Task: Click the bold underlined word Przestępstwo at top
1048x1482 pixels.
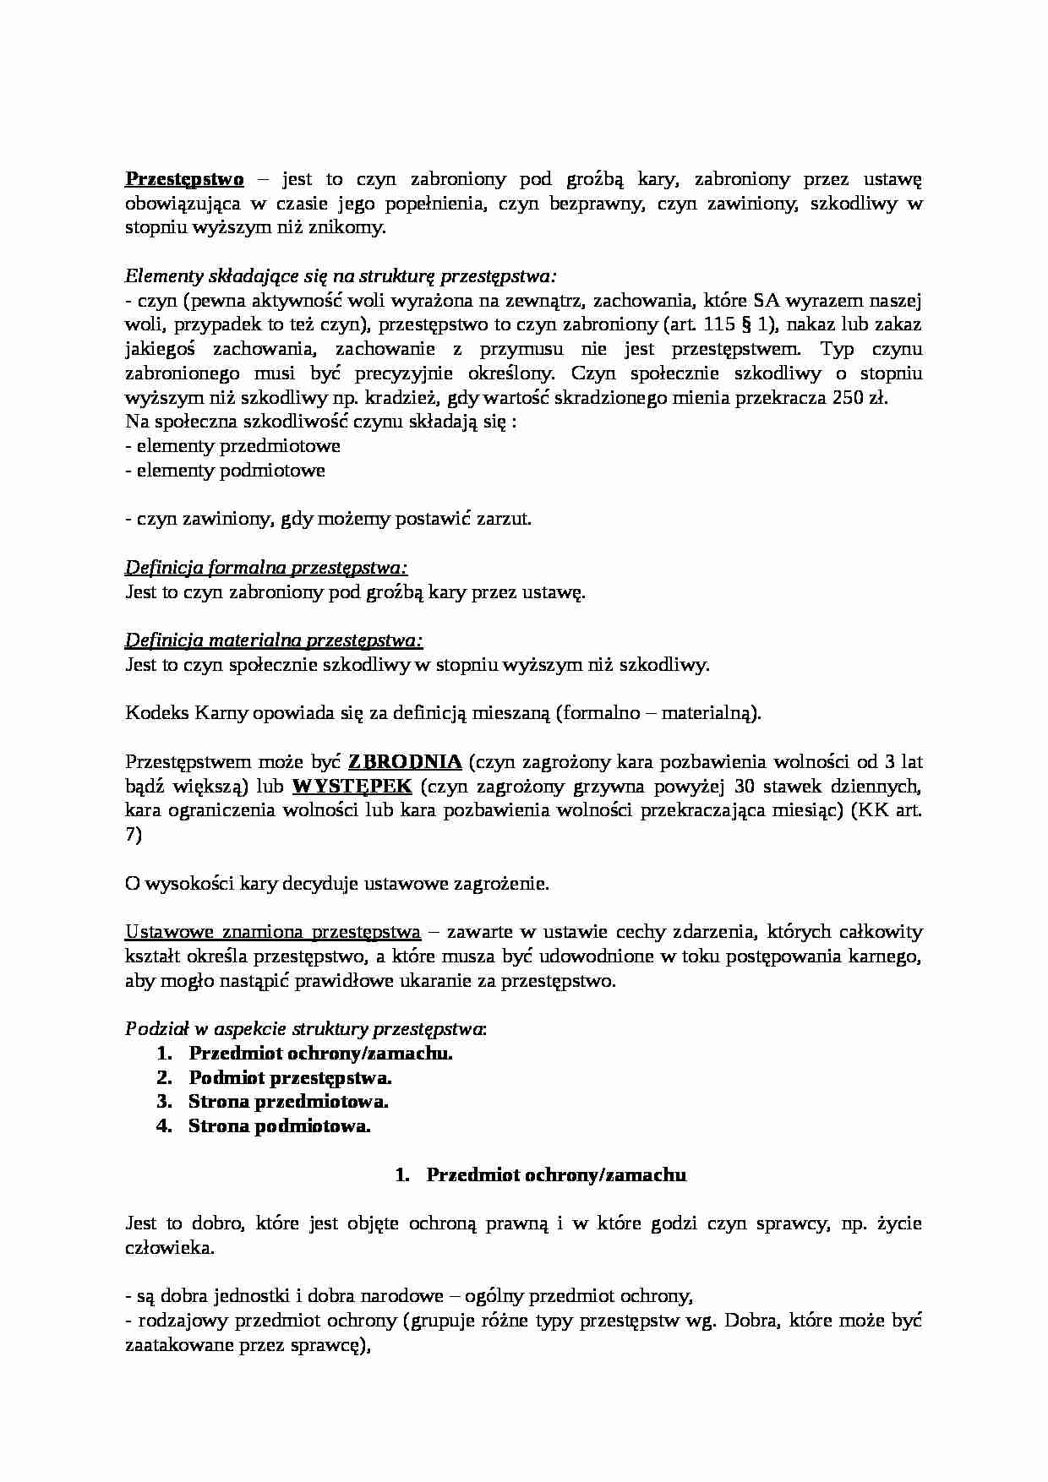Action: pyautogui.click(x=184, y=178)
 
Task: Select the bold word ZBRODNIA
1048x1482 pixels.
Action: pyautogui.click(x=405, y=762)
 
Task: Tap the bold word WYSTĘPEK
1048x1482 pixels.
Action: pyautogui.click(x=352, y=787)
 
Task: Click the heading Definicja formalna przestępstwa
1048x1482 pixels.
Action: pyautogui.click(x=266, y=568)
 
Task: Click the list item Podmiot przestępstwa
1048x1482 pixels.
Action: pyautogui.click(x=290, y=1078)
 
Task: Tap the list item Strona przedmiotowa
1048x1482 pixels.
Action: pyautogui.click(x=288, y=1102)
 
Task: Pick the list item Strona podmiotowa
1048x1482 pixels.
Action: pyautogui.click(x=280, y=1126)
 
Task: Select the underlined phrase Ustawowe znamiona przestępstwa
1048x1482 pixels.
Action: pyautogui.click(x=272, y=933)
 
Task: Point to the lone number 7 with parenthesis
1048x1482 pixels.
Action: pyautogui.click(x=134, y=836)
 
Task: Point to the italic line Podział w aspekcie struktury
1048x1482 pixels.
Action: pyautogui.click(x=305, y=1029)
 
